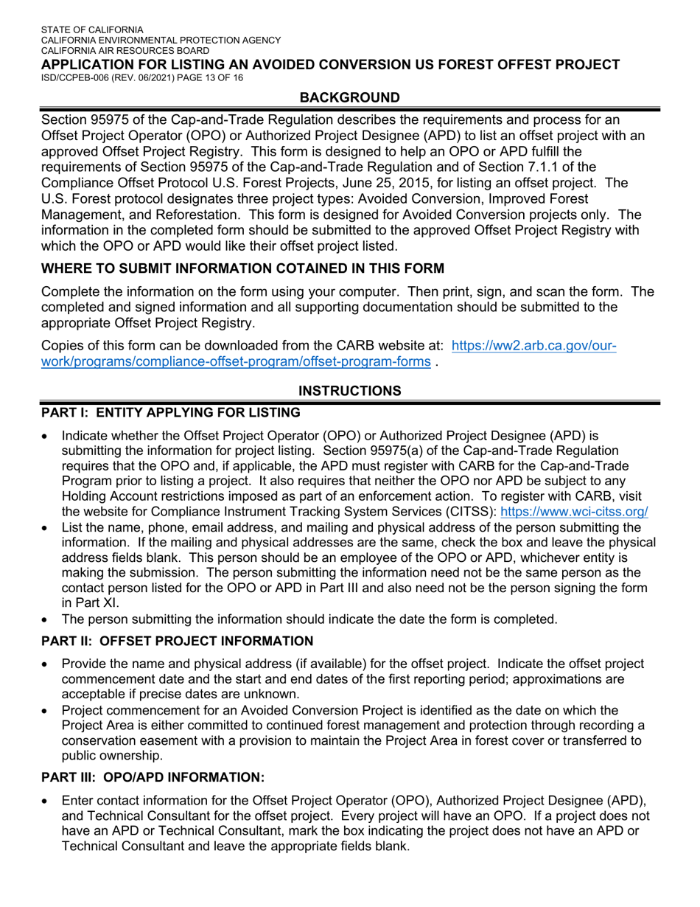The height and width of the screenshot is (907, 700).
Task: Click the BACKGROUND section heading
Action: (x=350, y=97)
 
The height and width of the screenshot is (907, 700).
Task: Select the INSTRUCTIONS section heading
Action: (x=350, y=391)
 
